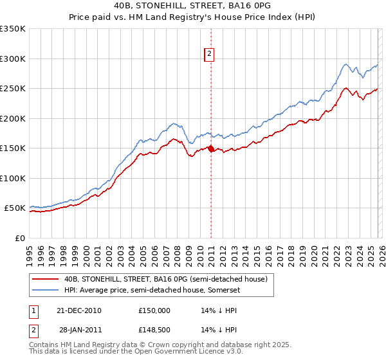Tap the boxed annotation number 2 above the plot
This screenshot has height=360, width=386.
coord(210,55)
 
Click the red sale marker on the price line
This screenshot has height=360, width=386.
coord(210,148)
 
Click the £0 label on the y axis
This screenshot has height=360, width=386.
coord(19,238)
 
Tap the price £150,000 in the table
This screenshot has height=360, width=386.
coord(154,310)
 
